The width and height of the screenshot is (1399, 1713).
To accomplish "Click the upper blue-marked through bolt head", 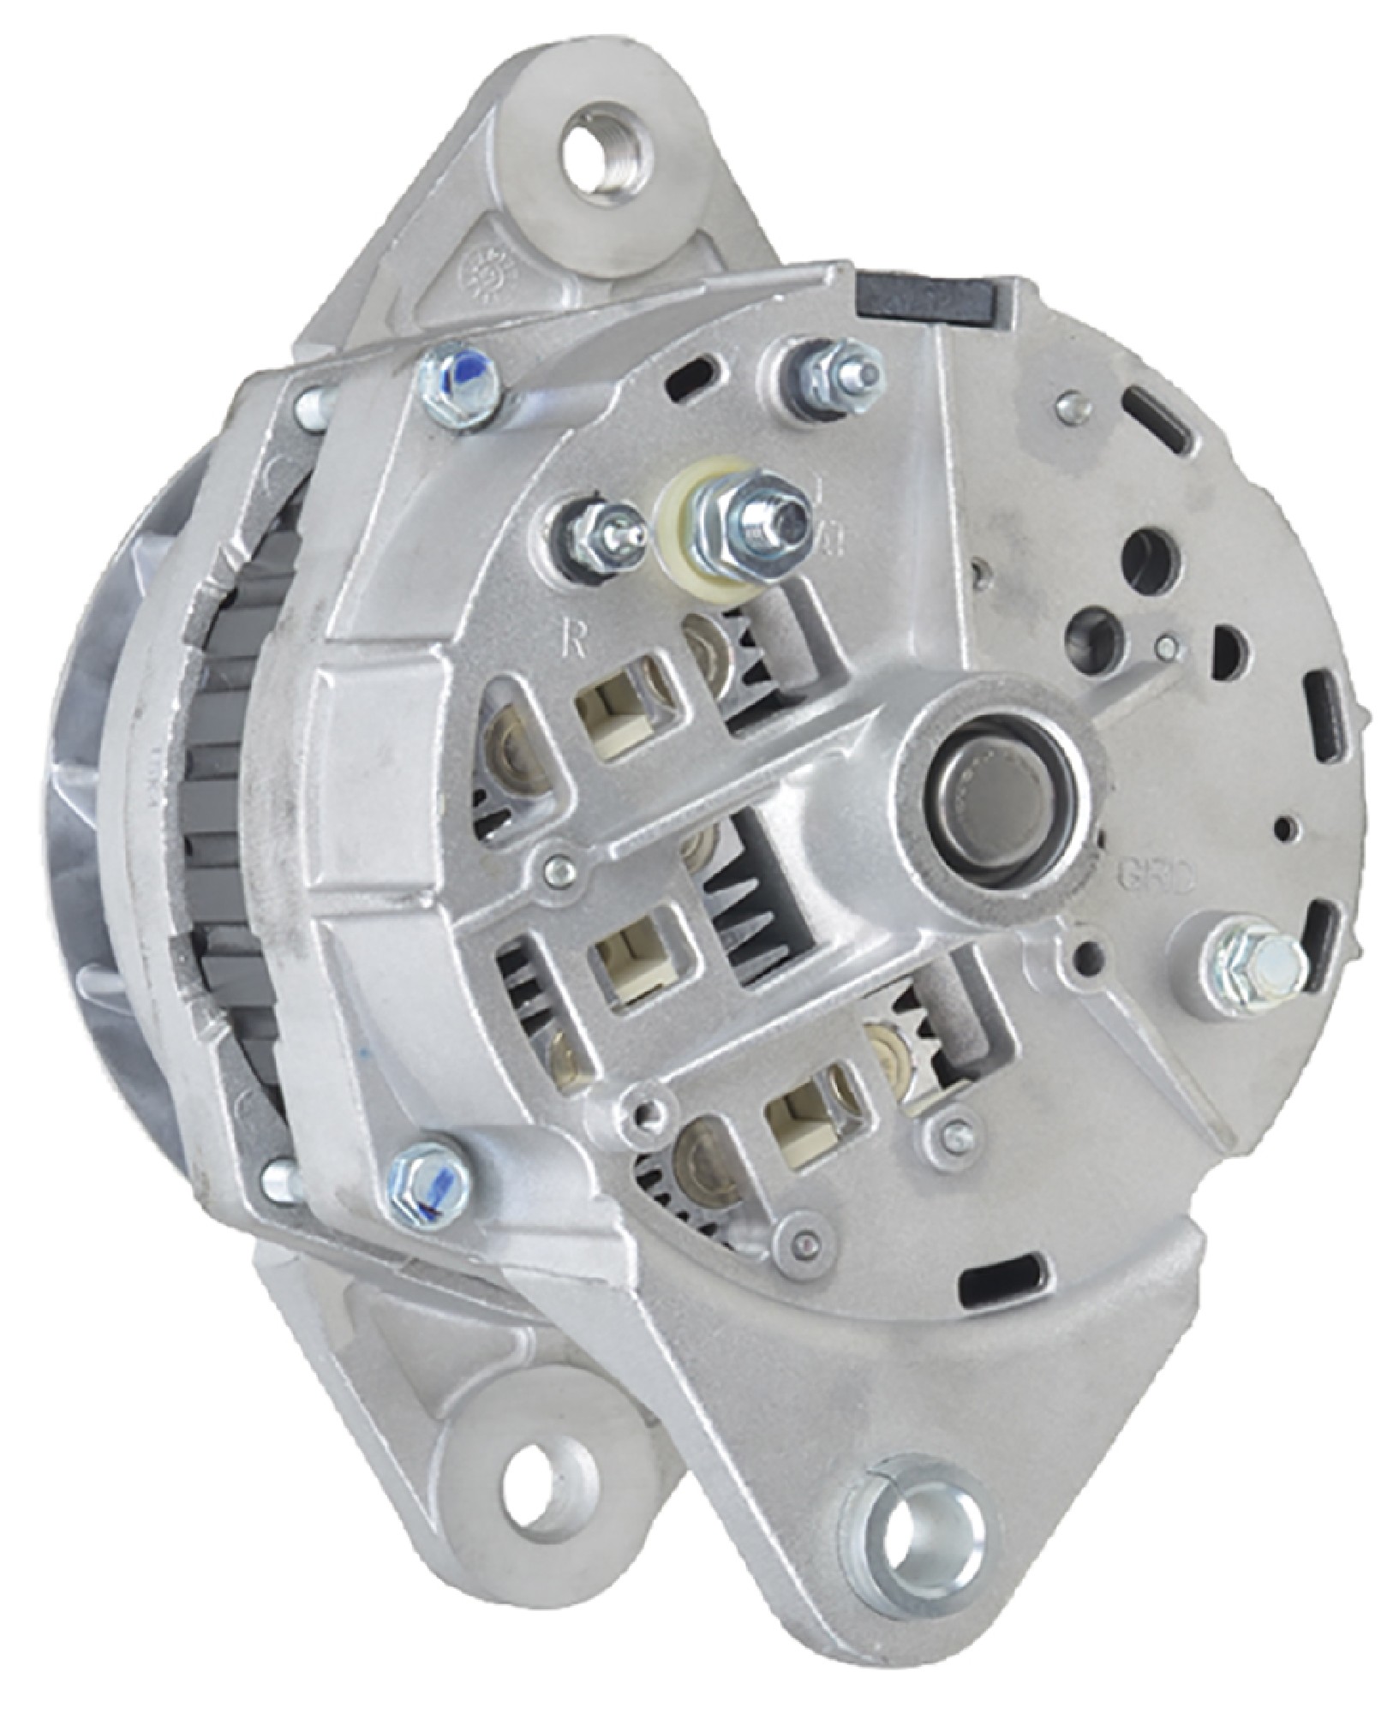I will tap(460, 388).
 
